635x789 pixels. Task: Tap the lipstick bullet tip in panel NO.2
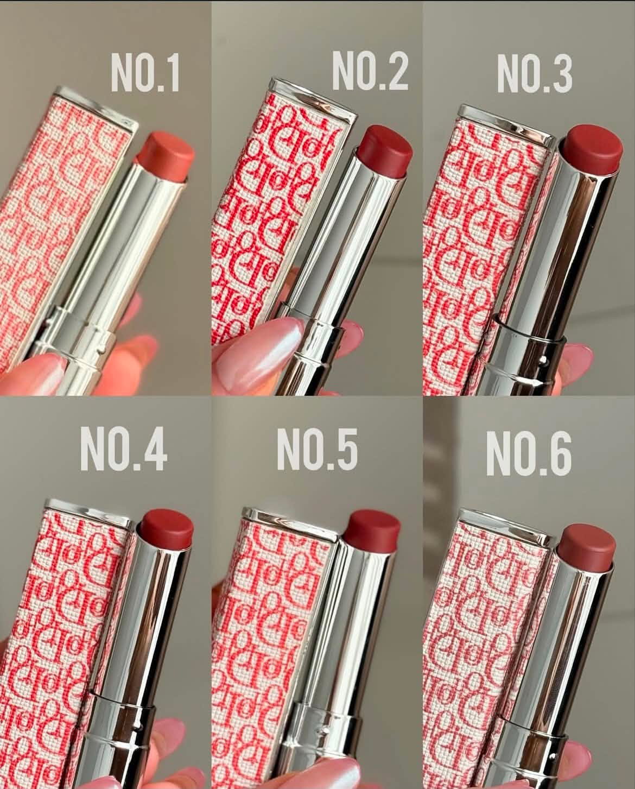(x=385, y=149)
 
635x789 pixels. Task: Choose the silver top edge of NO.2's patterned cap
(x=313, y=99)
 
